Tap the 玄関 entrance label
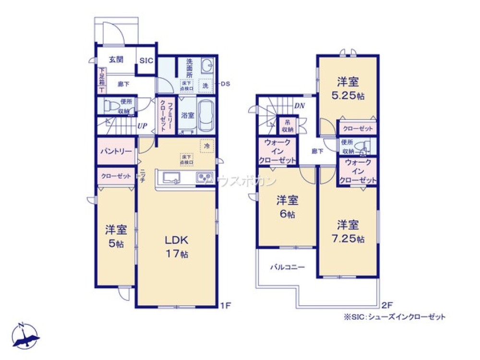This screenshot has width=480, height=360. point(116,60)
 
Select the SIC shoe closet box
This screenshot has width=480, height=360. point(146,60)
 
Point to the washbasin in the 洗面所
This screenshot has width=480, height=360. point(208,65)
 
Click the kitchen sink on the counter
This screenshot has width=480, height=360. point(172,178)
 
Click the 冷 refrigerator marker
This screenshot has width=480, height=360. point(206,145)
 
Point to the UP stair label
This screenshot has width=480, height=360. point(142,126)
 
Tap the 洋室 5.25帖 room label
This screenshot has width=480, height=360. point(348,88)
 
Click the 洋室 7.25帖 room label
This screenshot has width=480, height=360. point(348,230)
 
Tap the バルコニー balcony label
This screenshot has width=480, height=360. point(287,266)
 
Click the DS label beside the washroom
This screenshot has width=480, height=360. point(226,83)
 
